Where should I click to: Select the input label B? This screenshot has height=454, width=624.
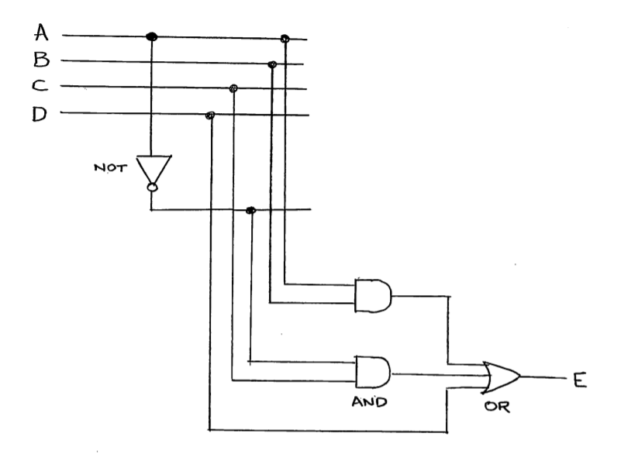(x=41, y=60)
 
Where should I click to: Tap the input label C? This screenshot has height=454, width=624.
(x=40, y=86)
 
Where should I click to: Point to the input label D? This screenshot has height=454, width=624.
(x=40, y=114)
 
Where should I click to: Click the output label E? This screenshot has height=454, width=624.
(x=578, y=380)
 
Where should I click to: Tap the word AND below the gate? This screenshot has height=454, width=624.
(x=371, y=404)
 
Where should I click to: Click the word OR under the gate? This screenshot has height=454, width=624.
(x=494, y=408)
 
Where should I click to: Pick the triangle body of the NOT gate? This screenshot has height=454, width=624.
(x=153, y=168)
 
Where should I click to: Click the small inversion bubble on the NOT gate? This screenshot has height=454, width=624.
(x=153, y=187)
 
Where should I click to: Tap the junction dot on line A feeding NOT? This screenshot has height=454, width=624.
(x=152, y=36)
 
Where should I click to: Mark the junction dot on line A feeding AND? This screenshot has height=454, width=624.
(x=284, y=38)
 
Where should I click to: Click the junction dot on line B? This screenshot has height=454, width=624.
(x=272, y=64)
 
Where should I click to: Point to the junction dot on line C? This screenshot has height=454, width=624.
(x=233, y=88)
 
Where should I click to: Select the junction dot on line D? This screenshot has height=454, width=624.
(x=209, y=115)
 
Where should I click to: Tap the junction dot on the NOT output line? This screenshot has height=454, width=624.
(x=250, y=211)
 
